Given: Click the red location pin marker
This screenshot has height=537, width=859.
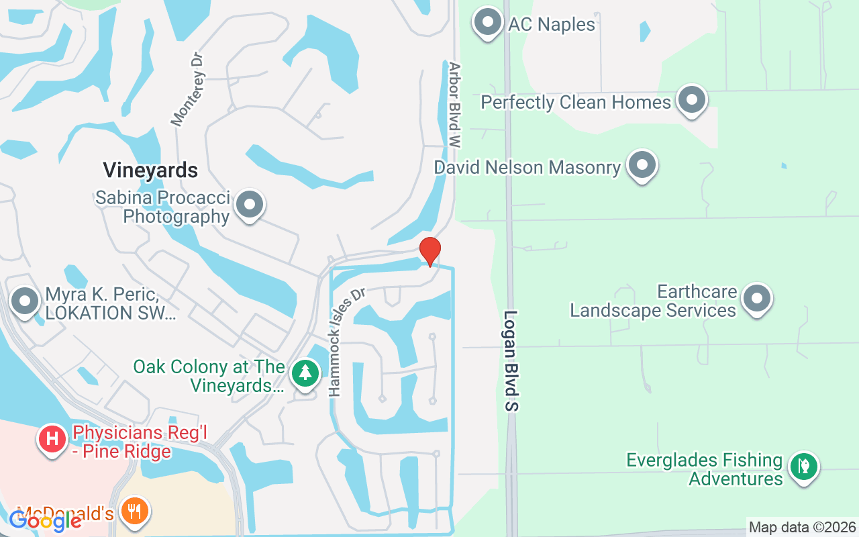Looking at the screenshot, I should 429,251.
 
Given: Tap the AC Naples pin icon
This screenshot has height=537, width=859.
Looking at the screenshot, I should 488,23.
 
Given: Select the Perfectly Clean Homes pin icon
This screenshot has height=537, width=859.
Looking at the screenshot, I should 691,101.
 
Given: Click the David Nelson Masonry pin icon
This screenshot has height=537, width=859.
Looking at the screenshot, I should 642,165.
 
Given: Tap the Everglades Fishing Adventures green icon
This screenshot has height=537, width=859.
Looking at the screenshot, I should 803,467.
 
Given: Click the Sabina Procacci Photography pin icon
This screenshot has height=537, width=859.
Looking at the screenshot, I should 250,205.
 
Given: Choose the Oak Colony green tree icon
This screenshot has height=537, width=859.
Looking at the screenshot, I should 305,374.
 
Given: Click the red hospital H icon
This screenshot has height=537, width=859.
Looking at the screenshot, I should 52,440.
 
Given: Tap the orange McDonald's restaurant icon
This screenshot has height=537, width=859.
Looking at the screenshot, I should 135,511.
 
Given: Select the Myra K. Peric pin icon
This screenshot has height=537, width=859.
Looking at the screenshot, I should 26,301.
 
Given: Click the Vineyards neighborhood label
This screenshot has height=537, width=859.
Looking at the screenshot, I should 150,170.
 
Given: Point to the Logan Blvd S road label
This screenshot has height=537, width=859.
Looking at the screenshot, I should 512,360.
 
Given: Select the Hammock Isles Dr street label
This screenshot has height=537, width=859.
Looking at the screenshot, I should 345,342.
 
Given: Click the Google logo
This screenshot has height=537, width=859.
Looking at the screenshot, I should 45,521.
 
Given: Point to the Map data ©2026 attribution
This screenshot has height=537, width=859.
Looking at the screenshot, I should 802,527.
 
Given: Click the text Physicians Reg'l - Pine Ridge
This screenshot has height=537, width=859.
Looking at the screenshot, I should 121,442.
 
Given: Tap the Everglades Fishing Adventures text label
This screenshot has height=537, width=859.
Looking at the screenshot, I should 704,469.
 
